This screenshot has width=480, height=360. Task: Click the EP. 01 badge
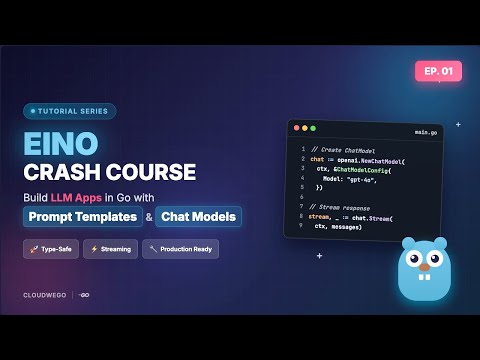click(x=438, y=72)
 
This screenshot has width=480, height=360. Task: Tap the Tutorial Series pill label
click(x=69, y=112)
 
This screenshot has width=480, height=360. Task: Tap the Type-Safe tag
click(x=50, y=249)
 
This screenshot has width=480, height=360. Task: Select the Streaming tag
click(x=110, y=249)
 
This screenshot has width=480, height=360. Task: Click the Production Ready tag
click(x=180, y=249)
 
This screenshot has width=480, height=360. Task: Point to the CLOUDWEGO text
click(x=44, y=295)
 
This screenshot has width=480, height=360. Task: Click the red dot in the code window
click(x=297, y=129)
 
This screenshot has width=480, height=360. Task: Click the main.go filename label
click(x=426, y=132)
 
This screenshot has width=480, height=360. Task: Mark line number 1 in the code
click(x=302, y=149)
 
